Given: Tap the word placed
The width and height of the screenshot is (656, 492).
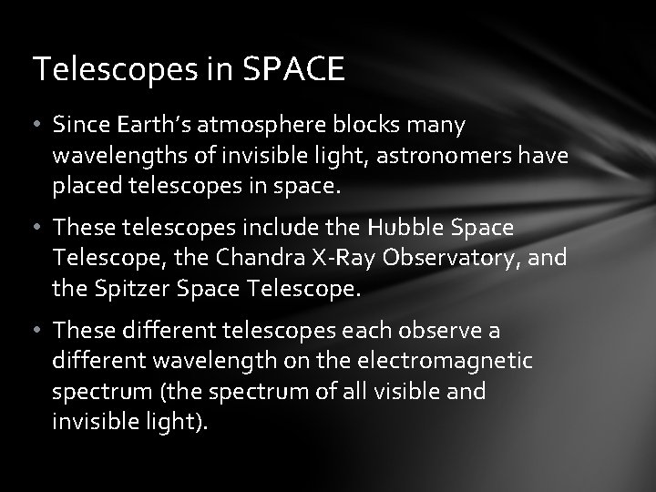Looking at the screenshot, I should click(84, 189).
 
